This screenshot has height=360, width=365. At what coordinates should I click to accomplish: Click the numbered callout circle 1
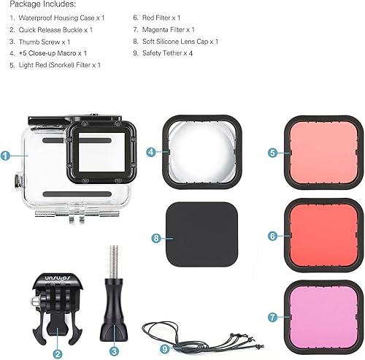(5, 156)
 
